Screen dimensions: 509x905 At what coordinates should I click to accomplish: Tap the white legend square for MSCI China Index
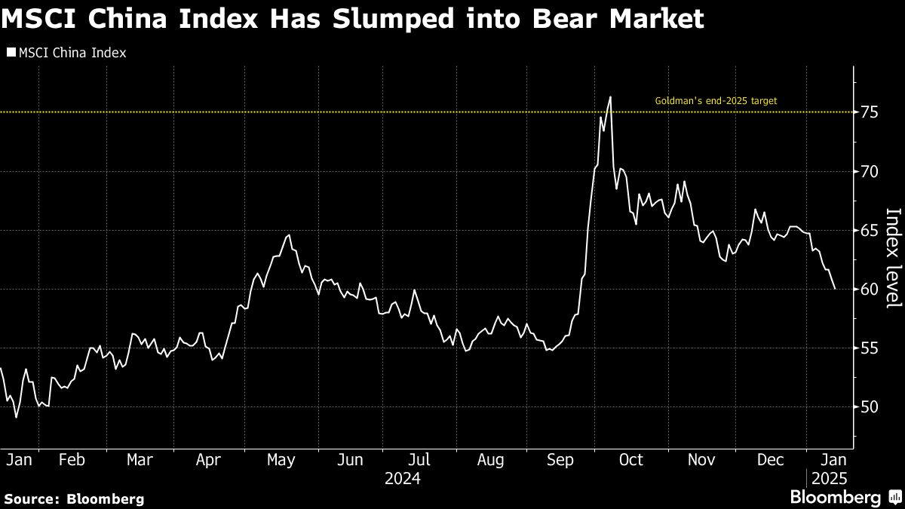(x=10, y=53)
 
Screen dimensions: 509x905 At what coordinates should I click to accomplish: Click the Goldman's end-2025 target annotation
(x=715, y=100)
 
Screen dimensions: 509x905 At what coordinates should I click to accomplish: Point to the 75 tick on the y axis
(x=869, y=112)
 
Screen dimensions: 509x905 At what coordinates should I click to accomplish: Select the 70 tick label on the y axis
(x=869, y=171)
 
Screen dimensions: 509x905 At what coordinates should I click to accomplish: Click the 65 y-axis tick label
(x=869, y=230)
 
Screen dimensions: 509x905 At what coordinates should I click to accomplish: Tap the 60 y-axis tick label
(x=869, y=289)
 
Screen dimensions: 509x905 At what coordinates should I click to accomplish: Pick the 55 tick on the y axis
(x=869, y=348)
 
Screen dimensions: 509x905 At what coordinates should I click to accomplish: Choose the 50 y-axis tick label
(x=869, y=406)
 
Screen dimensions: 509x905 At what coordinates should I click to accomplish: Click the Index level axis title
(x=892, y=257)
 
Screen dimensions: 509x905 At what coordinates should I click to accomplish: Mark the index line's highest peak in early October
(x=609, y=97)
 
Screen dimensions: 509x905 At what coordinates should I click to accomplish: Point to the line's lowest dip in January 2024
(x=17, y=417)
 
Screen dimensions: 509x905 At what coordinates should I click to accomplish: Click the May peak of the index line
(x=288, y=235)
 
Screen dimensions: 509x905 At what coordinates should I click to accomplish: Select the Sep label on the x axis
(x=559, y=459)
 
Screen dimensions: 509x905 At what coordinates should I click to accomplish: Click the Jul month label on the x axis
(x=419, y=459)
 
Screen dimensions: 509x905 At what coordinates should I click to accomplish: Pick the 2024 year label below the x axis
(x=402, y=478)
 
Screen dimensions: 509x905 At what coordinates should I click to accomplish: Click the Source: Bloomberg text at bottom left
(x=73, y=498)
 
